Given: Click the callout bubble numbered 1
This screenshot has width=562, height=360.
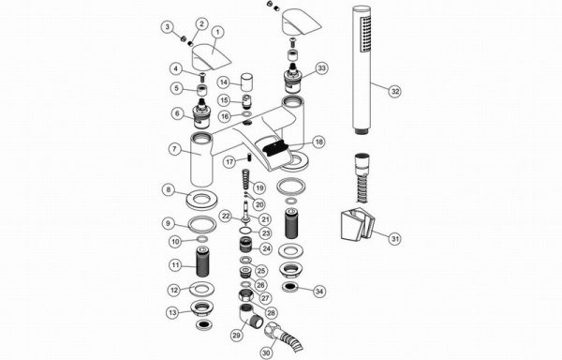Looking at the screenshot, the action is click(217, 32).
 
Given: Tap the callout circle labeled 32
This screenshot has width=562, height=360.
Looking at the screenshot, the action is click(394, 91).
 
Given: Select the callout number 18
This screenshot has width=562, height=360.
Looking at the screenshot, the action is click(318, 142).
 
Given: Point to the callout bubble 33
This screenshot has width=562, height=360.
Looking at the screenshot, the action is click(322, 67).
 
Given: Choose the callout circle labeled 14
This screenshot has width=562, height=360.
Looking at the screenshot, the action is click(224, 82).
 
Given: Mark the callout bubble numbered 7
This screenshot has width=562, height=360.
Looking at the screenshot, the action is click(174, 149).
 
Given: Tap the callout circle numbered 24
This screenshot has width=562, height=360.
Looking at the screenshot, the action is click(266, 248).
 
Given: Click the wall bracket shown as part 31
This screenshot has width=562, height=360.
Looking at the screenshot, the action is click(357, 226).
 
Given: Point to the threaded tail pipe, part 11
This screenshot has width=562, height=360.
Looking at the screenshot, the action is click(202, 262).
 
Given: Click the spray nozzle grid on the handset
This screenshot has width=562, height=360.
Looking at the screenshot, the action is click(365, 35).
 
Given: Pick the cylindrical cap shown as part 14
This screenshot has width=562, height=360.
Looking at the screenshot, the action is click(246, 82).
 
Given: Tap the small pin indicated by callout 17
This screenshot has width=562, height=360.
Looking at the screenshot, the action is click(247, 157).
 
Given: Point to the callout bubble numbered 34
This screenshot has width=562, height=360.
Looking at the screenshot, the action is click(318, 292).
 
